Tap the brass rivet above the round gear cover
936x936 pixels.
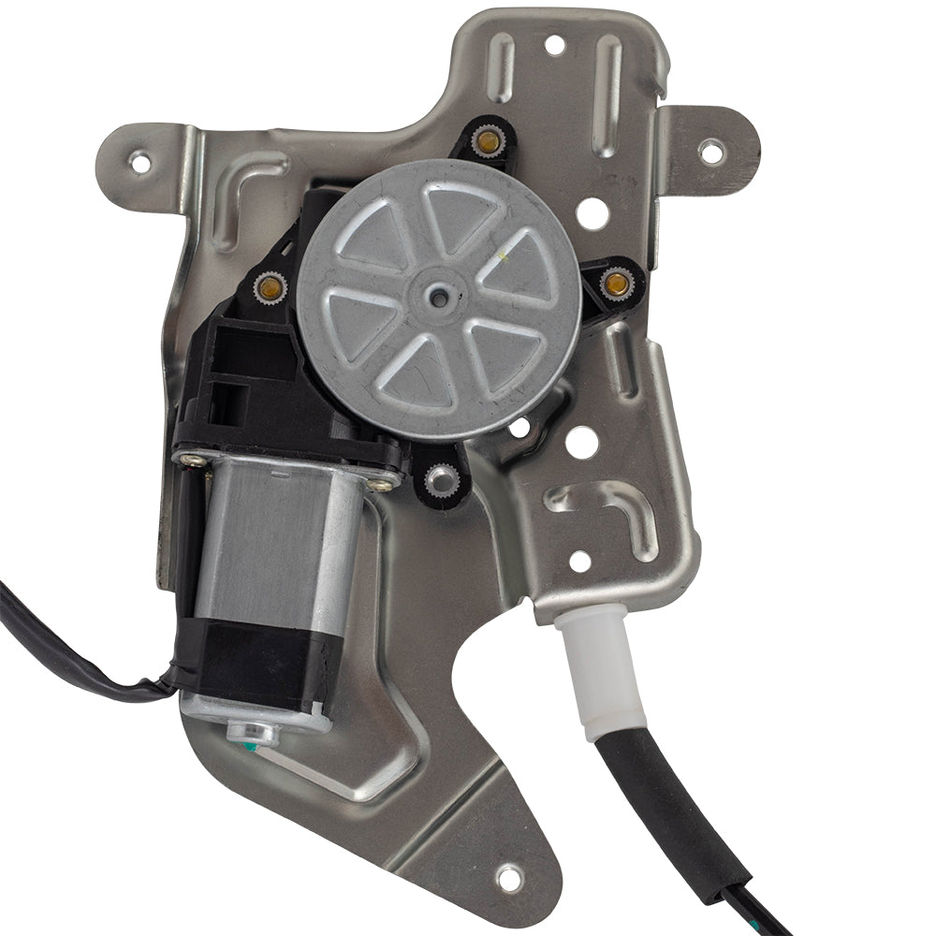click(x=487, y=141)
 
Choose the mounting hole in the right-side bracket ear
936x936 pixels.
click(x=711, y=148)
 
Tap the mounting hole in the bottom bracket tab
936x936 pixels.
click(x=508, y=877)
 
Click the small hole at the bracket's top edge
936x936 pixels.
click(x=554, y=44)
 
